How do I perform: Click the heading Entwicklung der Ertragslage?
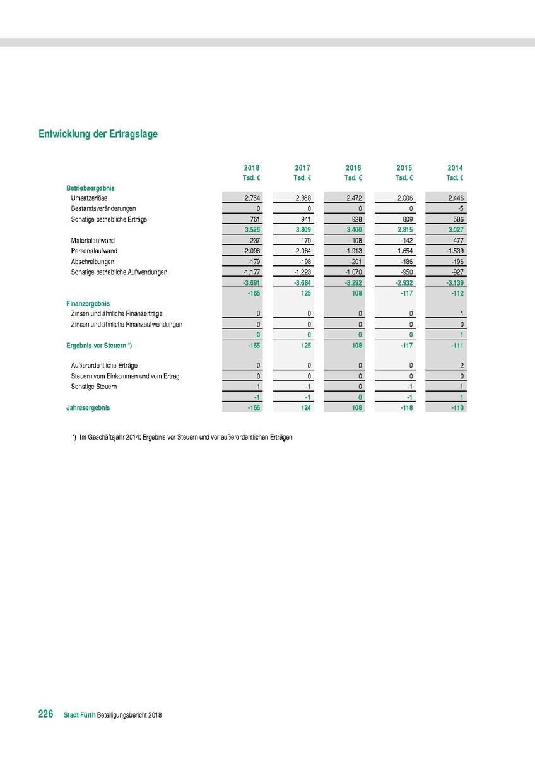tap(98, 134)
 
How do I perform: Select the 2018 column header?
tap(252, 168)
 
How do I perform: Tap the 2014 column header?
tap(456, 168)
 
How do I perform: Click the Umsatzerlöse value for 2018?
tap(252, 198)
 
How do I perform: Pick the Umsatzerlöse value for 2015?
tap(404, 198)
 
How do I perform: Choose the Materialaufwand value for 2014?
tap(456, 241)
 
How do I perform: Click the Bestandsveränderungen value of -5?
tap(460, 208)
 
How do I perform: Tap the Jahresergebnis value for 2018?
tap(253, 408)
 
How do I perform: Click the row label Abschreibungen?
tap(93, 262)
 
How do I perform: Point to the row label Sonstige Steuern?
tap(94, 387)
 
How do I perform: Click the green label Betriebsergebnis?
tap(90, 188)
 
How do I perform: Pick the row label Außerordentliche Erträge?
tap(105, 366)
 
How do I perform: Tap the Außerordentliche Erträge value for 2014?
tap(461, 366)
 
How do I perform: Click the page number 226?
tap(45, 714)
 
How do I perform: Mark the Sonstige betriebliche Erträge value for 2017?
tap(305, 219)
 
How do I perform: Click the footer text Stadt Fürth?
tap(79, 715)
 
